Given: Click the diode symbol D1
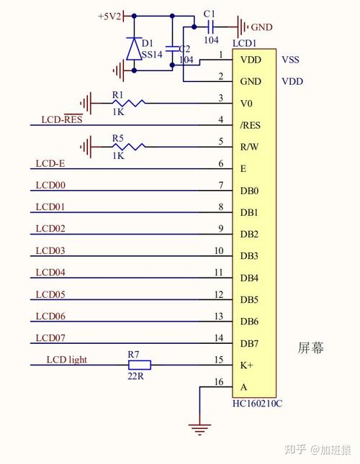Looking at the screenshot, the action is coord(134,49).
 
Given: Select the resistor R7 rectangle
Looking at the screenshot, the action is coord(140,365).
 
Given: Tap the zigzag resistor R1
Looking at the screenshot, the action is coord(128,104).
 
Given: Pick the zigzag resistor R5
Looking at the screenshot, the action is coord(128,147).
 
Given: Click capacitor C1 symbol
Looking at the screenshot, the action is coord(210,27).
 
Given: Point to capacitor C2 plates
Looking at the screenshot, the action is coord(172,49).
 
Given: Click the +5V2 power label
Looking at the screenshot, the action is coord(109,16).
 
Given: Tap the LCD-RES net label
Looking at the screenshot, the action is coord(62,119).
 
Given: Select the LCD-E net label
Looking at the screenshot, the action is coord(50,163).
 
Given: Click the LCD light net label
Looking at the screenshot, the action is coord(67,360).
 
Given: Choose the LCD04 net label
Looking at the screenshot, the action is coord(50,272).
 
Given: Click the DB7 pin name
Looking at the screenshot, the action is coord(249,344).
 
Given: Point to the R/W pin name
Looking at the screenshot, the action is coord(249,147).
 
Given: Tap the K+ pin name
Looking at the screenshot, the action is coord(247,365).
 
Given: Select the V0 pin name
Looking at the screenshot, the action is coord(246,104).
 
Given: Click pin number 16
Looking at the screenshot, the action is coord(219,382).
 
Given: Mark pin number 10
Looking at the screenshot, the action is coord(219,250).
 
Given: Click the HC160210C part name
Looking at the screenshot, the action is coord(257,404).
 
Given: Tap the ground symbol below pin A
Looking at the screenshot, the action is coord(200,429).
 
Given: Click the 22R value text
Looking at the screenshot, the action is coord(135,376).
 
